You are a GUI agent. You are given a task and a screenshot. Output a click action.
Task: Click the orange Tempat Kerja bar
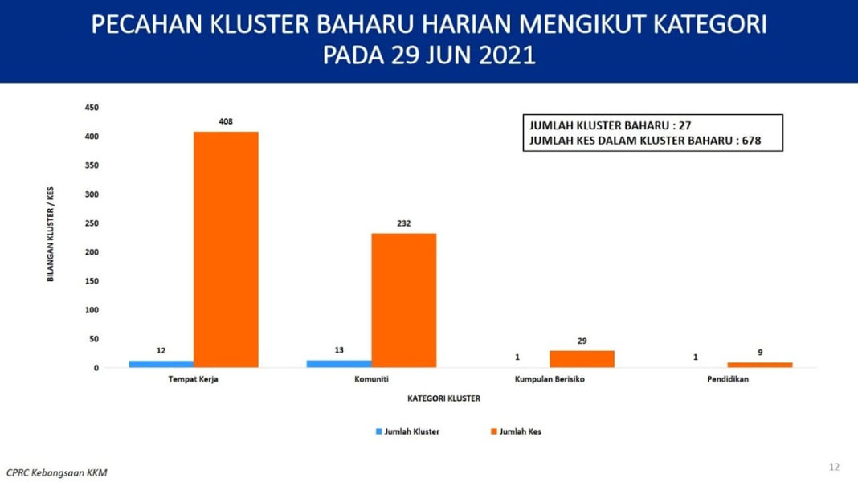pyautogui.click(x=226, y=250)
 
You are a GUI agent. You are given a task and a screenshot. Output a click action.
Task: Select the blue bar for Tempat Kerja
pyautogui.click(x=161, y=364)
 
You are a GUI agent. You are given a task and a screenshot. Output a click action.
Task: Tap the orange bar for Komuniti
pyautogui.click(x=404, y=300)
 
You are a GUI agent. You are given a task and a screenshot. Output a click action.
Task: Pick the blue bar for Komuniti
pyautogui.click(x=339, y=364)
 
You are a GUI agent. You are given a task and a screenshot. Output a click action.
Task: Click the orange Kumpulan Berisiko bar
pyautogui.click(x=582, y=359)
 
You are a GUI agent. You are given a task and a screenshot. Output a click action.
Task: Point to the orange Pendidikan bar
pyautogui.click(x=760, y=365)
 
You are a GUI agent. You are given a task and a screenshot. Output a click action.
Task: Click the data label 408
pyautogui.click(x=226, y=121)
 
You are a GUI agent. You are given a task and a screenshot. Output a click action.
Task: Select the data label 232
pyautogui.click(x=404, y=223)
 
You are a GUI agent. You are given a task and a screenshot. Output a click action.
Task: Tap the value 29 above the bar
pyautogui.click(x=582, y=341)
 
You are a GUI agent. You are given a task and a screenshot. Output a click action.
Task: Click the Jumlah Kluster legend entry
pyautogui.click(x=407, y=431)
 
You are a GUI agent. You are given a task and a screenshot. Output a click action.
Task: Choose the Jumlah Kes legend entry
pyautogui.click(x=516, y=431)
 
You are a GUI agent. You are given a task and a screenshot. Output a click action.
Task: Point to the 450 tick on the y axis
pyautogui.click(x=92, y=108)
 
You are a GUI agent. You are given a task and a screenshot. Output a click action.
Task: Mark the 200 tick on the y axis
pyautogui.click(x=92, y=252)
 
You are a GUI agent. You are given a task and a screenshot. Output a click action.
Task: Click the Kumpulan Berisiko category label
pyautogui.click(x=550, y=379)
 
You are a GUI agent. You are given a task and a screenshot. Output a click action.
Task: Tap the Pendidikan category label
pyautogui.click(x=728, y=379)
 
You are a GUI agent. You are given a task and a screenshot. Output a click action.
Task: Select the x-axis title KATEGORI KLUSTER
pyautogui.click(x=443, y=398)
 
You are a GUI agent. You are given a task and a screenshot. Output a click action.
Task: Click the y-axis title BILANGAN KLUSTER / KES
pyautogui.click(x=51, y=234)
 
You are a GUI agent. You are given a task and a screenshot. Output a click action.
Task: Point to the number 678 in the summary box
pyautogui.click(x=751, y=141)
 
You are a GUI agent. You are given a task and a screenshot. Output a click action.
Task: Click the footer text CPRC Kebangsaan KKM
pyautogui.click(x=56, y=472)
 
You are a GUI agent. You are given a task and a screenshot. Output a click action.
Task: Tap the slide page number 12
pyautogui.click(x=834, y=467)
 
